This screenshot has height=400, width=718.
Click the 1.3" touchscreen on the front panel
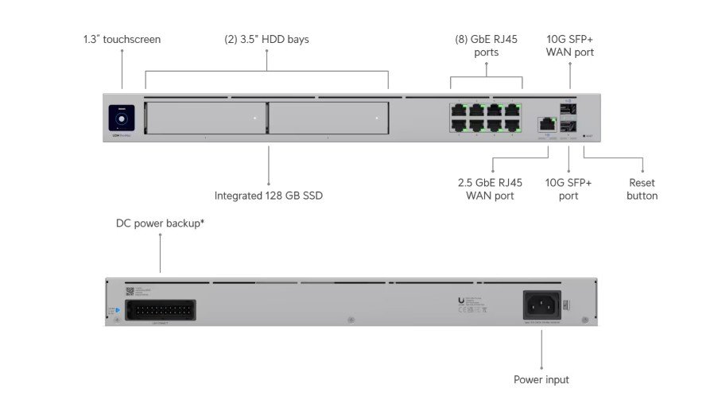(x=122, y=116)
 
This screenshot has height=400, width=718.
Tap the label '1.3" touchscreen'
(x=122, y=39)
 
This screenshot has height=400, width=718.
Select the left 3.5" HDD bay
(x=206, y=118)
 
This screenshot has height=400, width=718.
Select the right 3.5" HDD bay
(x=328, y=118)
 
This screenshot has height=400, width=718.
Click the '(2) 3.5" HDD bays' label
(x=266, y=39)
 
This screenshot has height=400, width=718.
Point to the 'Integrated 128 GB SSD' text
(x=269, y=195)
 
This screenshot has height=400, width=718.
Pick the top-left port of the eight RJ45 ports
(x=460, y=110)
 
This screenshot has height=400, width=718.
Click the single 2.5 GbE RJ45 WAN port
(x=546, y=124)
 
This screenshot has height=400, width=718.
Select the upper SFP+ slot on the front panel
(x=569, y=110)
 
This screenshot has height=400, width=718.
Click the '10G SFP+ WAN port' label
(x=569, y=46)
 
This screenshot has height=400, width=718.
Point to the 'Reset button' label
(x=642, y=189)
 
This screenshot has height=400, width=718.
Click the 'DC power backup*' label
(x=161, y=223)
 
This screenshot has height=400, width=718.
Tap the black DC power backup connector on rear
(x=161, y=310)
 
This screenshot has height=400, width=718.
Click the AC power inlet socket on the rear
(x=541, y=305)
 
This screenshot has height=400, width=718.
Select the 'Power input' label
(x=541, y=379)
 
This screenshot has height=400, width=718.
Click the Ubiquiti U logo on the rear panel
(x=461, y=300)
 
